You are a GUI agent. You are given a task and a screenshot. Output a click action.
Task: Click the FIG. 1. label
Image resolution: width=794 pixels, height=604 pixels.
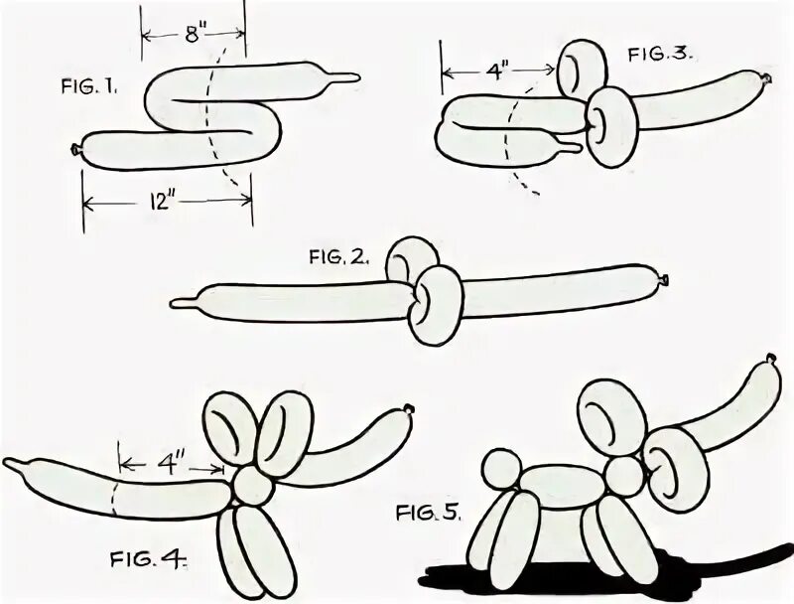[x=87, y=86]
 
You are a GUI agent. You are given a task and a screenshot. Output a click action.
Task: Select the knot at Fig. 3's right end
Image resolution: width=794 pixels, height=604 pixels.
[x=765, y=77]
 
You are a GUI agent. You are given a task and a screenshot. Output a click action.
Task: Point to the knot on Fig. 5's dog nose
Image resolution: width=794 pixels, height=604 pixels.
[x=771, y=358]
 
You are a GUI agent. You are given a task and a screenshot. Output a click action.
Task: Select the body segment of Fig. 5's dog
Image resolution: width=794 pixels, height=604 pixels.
[x=561, y=486]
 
